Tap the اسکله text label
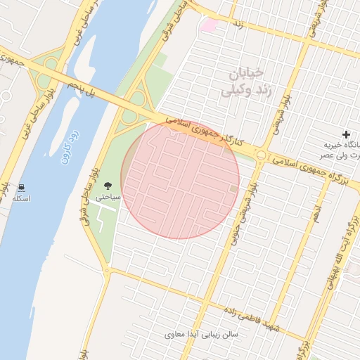coord(22,199)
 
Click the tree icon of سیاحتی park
coord(108,186)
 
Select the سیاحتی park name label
coord(108,197)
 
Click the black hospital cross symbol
coord(345,134)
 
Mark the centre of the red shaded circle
coord(180,179)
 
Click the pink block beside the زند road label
coord(209,25)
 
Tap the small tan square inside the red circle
coord(234,188)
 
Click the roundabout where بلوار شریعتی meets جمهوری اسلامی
coord(262,155)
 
